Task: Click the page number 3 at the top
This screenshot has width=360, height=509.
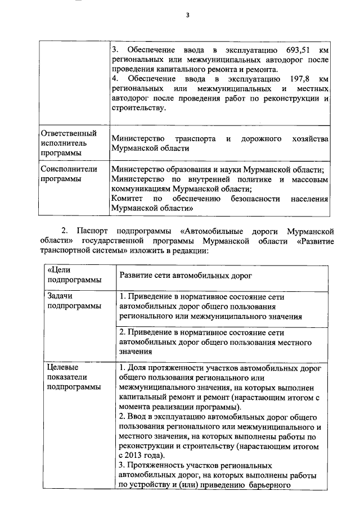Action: click(x=187, y=16)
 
